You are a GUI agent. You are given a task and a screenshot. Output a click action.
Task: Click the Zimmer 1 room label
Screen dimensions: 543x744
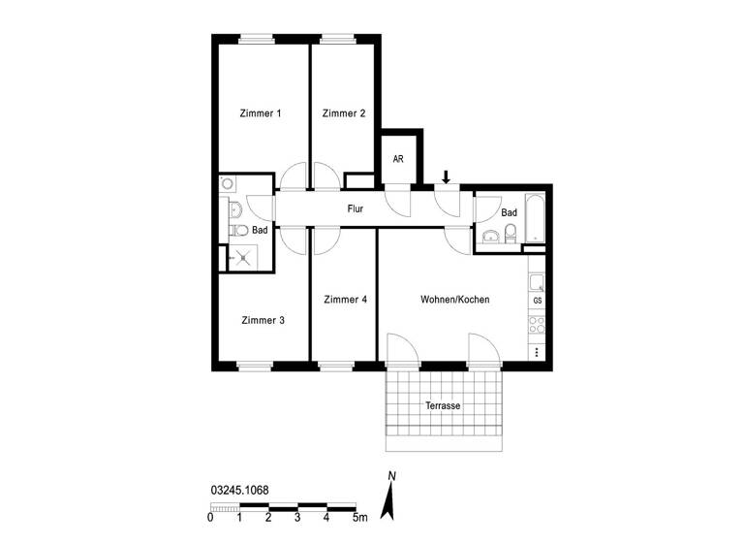coord(261,113)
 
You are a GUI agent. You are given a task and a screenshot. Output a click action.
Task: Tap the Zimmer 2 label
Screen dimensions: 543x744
coord(344,113)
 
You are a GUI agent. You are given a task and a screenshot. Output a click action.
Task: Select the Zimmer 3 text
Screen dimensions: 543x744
coord(263,320)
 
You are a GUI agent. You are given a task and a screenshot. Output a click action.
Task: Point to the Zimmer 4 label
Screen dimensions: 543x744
coord(345,300)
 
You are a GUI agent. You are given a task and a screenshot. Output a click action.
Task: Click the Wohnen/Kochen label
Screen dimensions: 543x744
coord(454,300)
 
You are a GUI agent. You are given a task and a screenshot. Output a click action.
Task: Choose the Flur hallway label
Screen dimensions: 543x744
coord(356,208)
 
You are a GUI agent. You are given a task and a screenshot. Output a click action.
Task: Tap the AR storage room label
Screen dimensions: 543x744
coord(398,158)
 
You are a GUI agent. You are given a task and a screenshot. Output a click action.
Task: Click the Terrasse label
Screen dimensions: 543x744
coord(443,405)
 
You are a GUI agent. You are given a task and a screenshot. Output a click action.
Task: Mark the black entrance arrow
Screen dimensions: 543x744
coord(446,176)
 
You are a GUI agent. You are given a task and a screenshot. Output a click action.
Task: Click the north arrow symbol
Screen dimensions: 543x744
coord(390,501)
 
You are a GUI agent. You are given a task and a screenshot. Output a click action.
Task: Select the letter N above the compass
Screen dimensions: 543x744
coord(391,475)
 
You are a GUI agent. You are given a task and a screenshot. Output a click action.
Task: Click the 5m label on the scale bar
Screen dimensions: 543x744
coord(360,519)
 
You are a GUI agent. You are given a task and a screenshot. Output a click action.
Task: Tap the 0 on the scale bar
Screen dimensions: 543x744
coord(210,519)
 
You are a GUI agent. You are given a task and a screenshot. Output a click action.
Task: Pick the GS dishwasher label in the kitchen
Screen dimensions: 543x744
coord(537,302)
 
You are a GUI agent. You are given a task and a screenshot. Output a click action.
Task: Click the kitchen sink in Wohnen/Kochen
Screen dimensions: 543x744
coord(536,282)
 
